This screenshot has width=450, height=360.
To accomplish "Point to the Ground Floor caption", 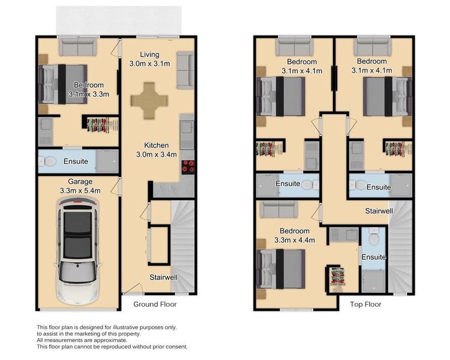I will coord(155,304).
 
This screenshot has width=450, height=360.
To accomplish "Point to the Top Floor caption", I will coord(365,304).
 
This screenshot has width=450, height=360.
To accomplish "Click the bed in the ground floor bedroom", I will coord(63,84).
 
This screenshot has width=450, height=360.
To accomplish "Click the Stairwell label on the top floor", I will coord(380,211).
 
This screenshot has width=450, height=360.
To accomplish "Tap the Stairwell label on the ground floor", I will coord(163,277).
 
